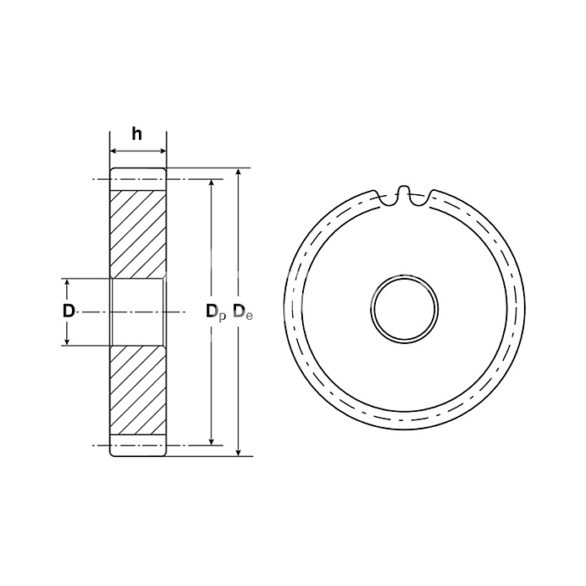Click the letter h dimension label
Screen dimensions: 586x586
136,134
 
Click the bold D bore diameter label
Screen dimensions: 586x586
69,311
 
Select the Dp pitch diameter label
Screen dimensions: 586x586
216,312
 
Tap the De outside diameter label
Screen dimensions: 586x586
243,312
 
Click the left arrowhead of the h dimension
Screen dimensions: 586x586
114,151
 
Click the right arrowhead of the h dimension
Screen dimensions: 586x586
162,151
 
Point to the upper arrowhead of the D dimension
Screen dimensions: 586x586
67,283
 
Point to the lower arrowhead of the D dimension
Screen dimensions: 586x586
67,342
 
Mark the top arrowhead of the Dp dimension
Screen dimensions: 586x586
211,183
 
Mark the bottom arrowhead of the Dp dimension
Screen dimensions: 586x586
211,441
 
